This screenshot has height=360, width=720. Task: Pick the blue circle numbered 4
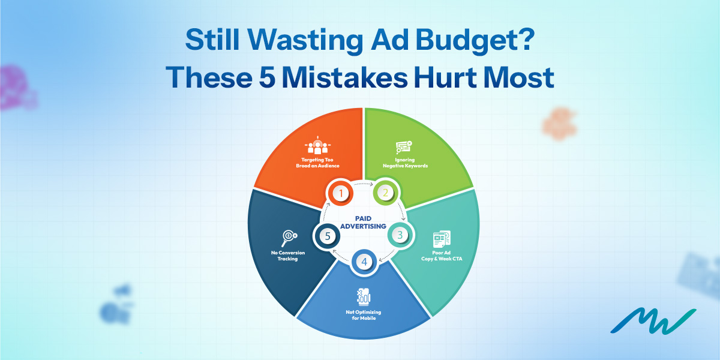coord(362,262)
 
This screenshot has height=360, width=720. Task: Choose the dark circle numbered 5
coord(327,235)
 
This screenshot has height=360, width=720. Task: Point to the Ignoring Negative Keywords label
coord(405,163)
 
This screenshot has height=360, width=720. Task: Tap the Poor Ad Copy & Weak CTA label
coord(442,256)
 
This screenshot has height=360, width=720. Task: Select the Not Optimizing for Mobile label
coord(363,316)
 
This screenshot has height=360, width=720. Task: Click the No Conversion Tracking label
coord(288,256)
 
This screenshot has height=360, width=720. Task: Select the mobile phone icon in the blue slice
coord(363,298)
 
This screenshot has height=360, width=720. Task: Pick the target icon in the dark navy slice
coord(288,236)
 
